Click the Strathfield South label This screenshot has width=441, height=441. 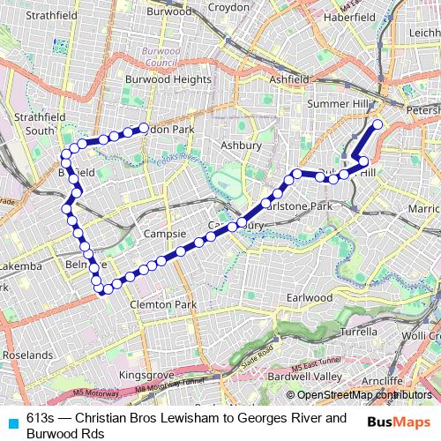pyautogui.click(x=29, y=123)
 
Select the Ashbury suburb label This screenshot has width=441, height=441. pyautogui.click(x=241, y=144)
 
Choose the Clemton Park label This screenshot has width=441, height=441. pyautogui.click(x=162, y=304)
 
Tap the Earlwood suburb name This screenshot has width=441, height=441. pyautogui.click(x=309, y=297)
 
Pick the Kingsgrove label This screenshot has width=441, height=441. pyautogui.click(x=146, y=375)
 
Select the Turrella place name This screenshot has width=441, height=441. pyautogui.click(x=358, y=332)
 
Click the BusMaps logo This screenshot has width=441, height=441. pyautogui.click(x=400, y=421)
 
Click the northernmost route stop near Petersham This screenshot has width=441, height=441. pyautogui.click(x=377, y=124)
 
